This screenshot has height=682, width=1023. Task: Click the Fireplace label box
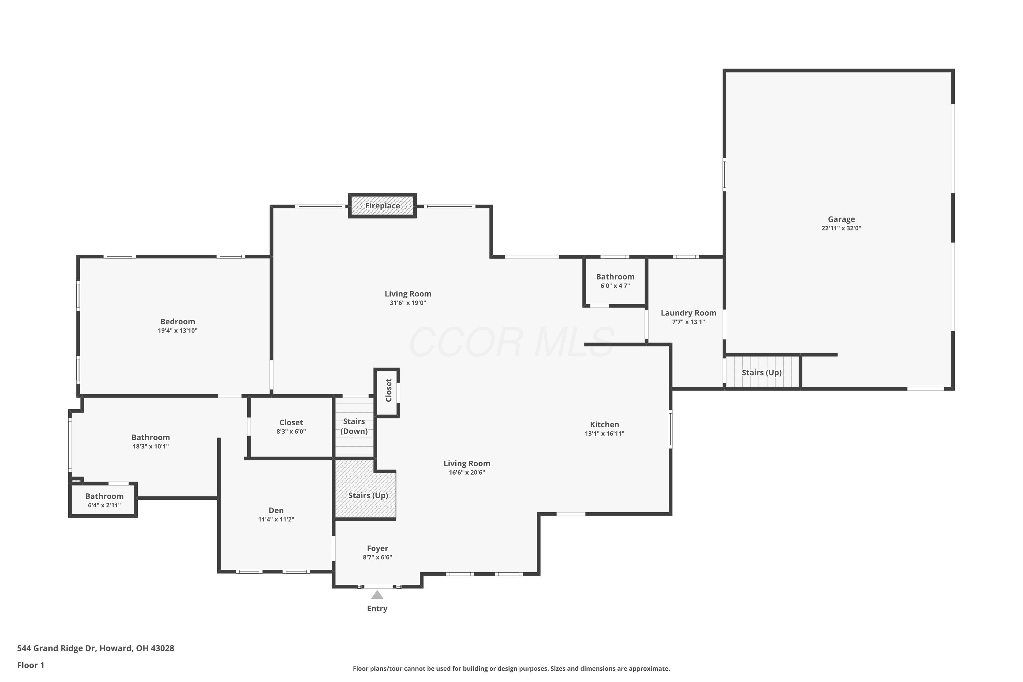pyautogui.click(x=382, y=206)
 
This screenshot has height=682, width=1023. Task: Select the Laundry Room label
pyautogui.click(x=688, y=313)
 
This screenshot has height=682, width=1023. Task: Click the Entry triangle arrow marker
pyautogui.click(x=377, y=595)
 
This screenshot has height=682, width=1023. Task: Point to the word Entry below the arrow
pyautogui.click(x=377, y=608)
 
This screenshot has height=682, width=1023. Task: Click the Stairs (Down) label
pyautogui.click(x=354, y=426)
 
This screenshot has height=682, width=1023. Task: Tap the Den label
pyautogui.click(x=276, y=510)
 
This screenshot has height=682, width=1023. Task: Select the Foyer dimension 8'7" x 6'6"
pyautogui.click(x=377, y=558)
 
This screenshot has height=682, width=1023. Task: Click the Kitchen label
pyautogui.click(x=604, y=425)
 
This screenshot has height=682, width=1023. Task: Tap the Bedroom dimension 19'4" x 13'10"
pyautogui.click(x=177, y=330)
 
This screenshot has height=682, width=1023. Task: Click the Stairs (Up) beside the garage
pyautogui.click(x=761, y=373)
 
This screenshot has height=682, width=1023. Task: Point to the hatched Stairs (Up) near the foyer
pyautogui.click(x=368, y=495)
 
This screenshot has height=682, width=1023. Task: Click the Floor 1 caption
pyautogui.click(x=30, y=665)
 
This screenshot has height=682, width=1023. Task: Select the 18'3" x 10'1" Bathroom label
pyautogui.click(x=150, y=438)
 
